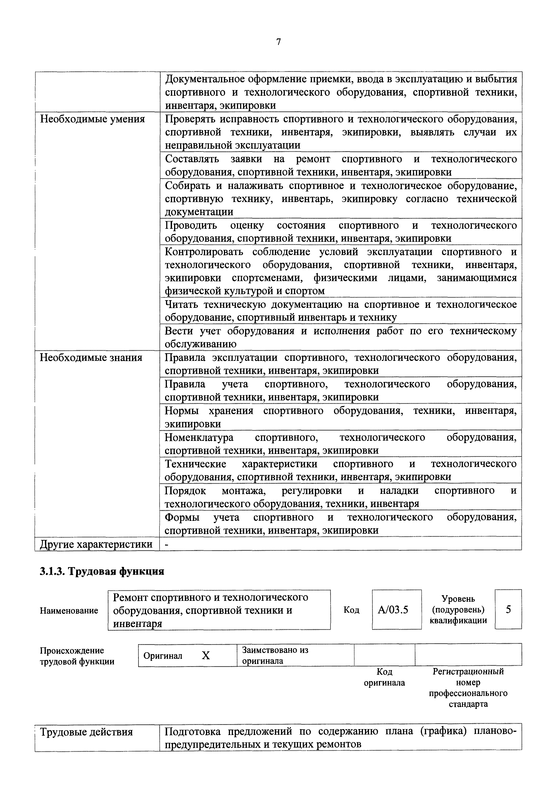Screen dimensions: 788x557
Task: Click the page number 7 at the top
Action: click(x=278, y=42)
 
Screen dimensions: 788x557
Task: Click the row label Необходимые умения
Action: click(x=92, y=119)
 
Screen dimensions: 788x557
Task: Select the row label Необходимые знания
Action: click(x=91, y=358)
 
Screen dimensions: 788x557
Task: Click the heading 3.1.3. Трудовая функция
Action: click(x=102, y=571)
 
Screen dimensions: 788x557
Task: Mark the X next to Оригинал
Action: click(x=206, y=656)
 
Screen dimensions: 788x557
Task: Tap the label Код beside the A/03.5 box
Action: click(x=351, y=610)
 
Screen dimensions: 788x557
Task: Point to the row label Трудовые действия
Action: click(x=86, y=732)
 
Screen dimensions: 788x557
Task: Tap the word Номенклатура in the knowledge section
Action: click(x=199, y=437)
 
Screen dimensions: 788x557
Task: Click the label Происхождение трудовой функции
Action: click(x=77, y=656)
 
